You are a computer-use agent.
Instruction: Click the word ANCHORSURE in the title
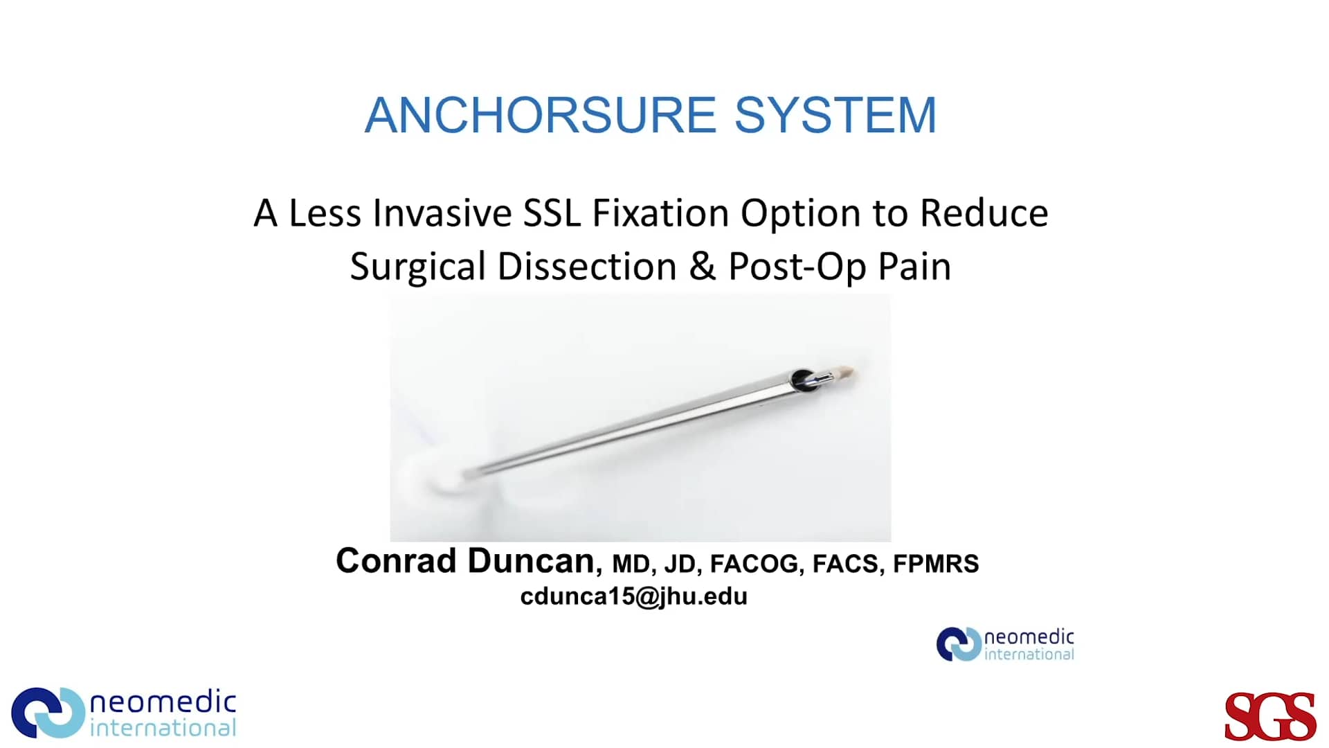(540, 115)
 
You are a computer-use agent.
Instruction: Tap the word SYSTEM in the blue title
(835, 115)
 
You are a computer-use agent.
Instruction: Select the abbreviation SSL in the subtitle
(551, 213)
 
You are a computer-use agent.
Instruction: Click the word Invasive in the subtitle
(442, 213)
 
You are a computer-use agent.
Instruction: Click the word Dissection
(587, 267)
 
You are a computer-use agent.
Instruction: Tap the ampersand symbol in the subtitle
(702, 267)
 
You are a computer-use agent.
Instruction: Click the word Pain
(914, 267)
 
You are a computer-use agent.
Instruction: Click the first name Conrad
(395, 560)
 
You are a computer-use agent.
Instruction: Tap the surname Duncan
(530, 560)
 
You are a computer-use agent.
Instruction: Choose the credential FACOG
(754, 564)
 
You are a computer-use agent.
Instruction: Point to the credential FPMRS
(936, 564)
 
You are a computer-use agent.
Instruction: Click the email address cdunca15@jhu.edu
(633, 596)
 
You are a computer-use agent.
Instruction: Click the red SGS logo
(1270, 716)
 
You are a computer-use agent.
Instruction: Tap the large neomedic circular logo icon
(48, 713)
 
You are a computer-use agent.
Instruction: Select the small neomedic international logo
(1005, 644)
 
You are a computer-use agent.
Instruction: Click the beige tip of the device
(846, 374)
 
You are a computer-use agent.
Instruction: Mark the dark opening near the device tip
(802, 380)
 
